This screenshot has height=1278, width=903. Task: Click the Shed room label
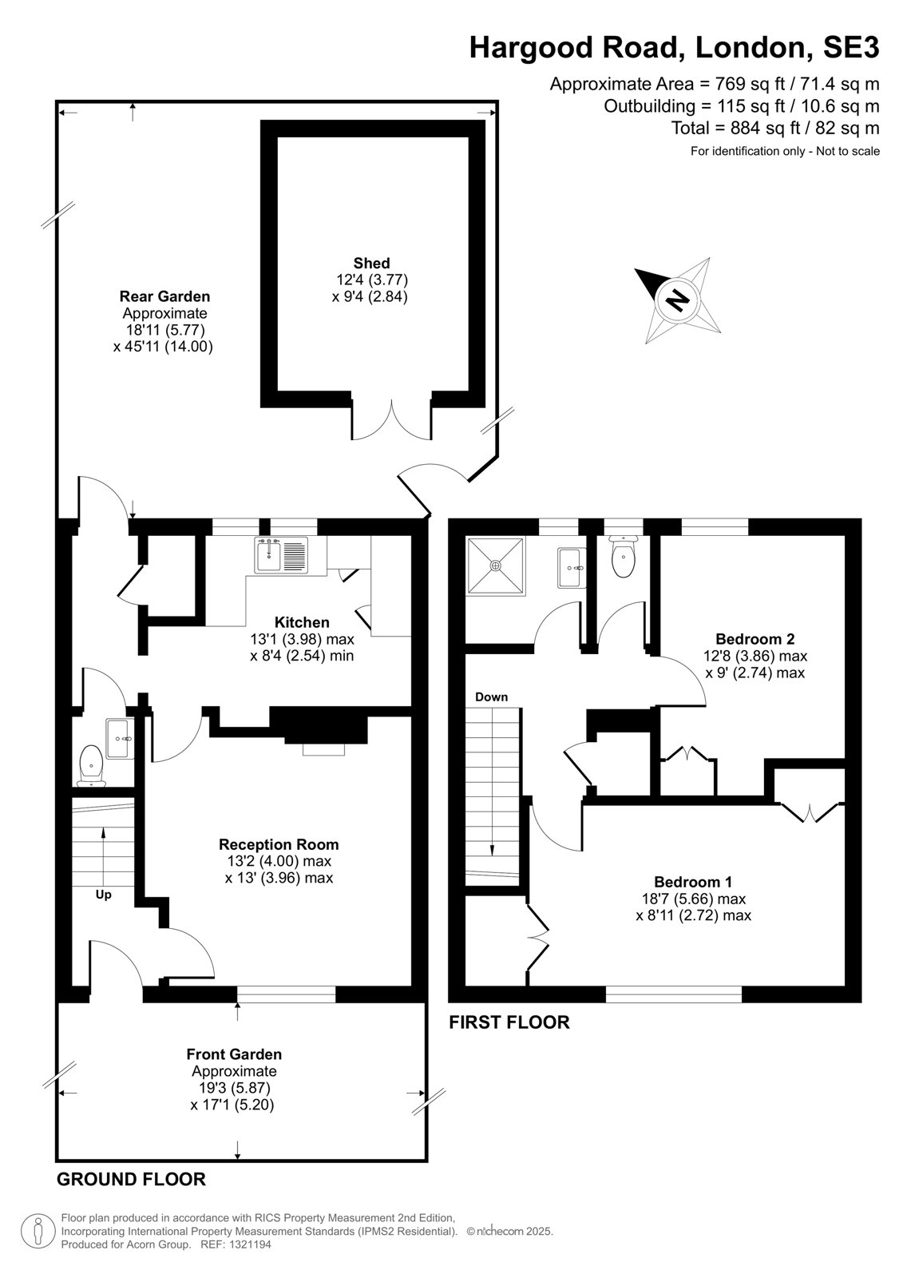click(x=371, y=263)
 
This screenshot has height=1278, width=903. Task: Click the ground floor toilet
click(x=91, y=765)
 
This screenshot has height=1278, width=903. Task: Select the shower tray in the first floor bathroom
click(x=496, y=566)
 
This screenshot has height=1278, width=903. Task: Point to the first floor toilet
click(x=623, y=554)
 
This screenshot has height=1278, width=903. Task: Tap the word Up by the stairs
click(x=103, y=895)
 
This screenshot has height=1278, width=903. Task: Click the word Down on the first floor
click(x=491, y=697)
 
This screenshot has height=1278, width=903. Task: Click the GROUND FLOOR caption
click(x=131, y=1179)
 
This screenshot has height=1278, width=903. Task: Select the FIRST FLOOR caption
click(x=509, y=1022)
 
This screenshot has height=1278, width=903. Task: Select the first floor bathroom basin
click(x=571, y=568)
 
